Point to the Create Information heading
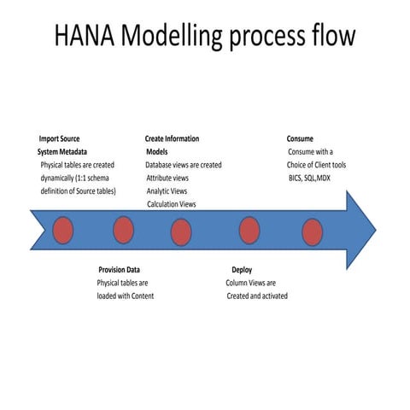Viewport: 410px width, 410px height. click(x=172, y=138)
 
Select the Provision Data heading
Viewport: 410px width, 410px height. click(x=119, y=270)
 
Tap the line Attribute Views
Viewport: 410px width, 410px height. click(x=167, y=178)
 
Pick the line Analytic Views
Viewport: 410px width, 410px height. click(x=166, y=191)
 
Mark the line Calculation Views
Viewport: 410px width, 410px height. click(x=171, y=205)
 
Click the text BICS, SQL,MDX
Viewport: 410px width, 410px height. click(x=309, y=178)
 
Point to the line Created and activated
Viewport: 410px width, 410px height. click(x=257, y=296)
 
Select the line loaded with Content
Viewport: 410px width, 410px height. click(x=125, y=296)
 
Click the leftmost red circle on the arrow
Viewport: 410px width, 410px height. click(x=63, y=231)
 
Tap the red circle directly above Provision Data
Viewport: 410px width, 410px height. click(x=123, y=230)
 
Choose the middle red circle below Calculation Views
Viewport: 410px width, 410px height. click(x=181, y=231)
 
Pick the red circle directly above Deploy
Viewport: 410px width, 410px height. click(x=249, y=230)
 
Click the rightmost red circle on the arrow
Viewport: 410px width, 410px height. click(x=313, y=231)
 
